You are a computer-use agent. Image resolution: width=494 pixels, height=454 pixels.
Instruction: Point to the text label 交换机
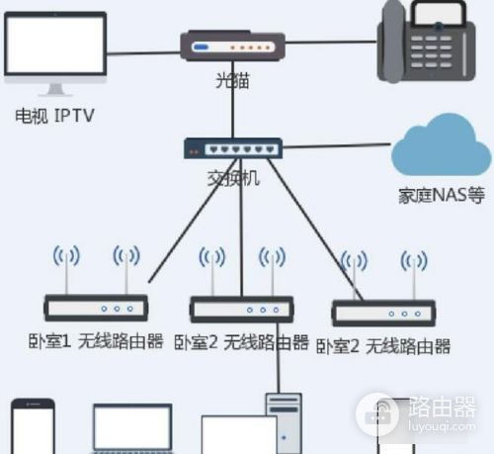[232, 180]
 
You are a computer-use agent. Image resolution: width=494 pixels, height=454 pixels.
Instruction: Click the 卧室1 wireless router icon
[97, 307]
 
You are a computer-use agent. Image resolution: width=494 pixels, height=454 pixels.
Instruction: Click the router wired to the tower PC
[239, 309]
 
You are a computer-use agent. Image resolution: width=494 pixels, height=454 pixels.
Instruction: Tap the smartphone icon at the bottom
[33, 426]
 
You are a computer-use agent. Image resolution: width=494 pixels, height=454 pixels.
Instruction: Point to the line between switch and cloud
[336, 148]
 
